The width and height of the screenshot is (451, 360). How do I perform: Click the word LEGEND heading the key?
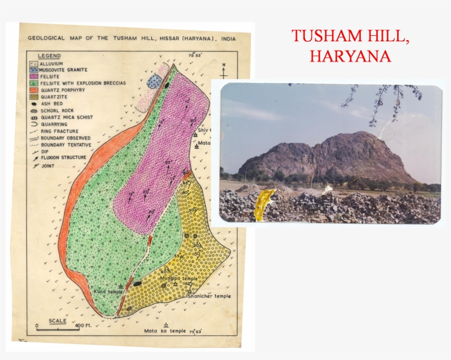pyautogui.click(x=50, y=56)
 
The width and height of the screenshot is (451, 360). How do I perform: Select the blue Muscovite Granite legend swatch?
pyautogui.click(x=33, y=70)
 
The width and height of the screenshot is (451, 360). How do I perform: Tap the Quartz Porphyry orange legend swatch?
pyautogui.click(x=33, y=90)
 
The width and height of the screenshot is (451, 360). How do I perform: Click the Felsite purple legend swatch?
pyautogui.click(x=33, y=76)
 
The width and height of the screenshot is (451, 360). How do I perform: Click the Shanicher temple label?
pyautogui.click(x=209, y=296)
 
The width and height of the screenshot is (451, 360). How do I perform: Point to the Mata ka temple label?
pyautogui.click(x=165, y=331)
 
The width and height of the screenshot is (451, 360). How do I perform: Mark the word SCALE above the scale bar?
pyautogui.click(x=58, y=320)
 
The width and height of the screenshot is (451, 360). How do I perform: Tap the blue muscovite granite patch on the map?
pyautogui.click(x=155, y=82)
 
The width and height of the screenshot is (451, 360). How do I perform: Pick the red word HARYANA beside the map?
pyautogui.click(x=350, y=56)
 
